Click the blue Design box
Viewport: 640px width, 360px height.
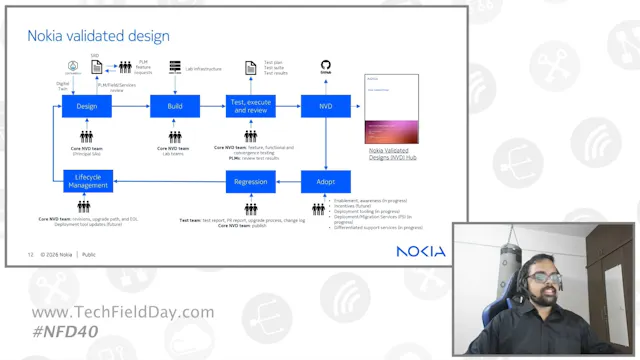(x=87, y=106)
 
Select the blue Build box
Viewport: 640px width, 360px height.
(x=175, y=106)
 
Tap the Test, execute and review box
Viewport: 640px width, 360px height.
(x=250, y=106)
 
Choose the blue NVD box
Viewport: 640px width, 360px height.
(x=326, y=106)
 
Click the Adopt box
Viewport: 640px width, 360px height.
(x=326, y=182)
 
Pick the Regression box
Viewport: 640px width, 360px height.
(x=250, y=182)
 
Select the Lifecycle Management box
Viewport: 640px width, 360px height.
(x=87, y=182)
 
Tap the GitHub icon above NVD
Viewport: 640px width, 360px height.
(x=326, y=66)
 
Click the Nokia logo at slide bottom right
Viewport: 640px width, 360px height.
(x=420, y=252)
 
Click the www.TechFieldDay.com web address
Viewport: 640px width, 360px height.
(x=123, y=312)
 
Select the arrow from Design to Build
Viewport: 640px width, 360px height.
(x=130, y=106)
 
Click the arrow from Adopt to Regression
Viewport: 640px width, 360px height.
(x=288, y=182)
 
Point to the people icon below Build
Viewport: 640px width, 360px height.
(x=175, y=137)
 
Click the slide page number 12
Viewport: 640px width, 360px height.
(x=31, y=255)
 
